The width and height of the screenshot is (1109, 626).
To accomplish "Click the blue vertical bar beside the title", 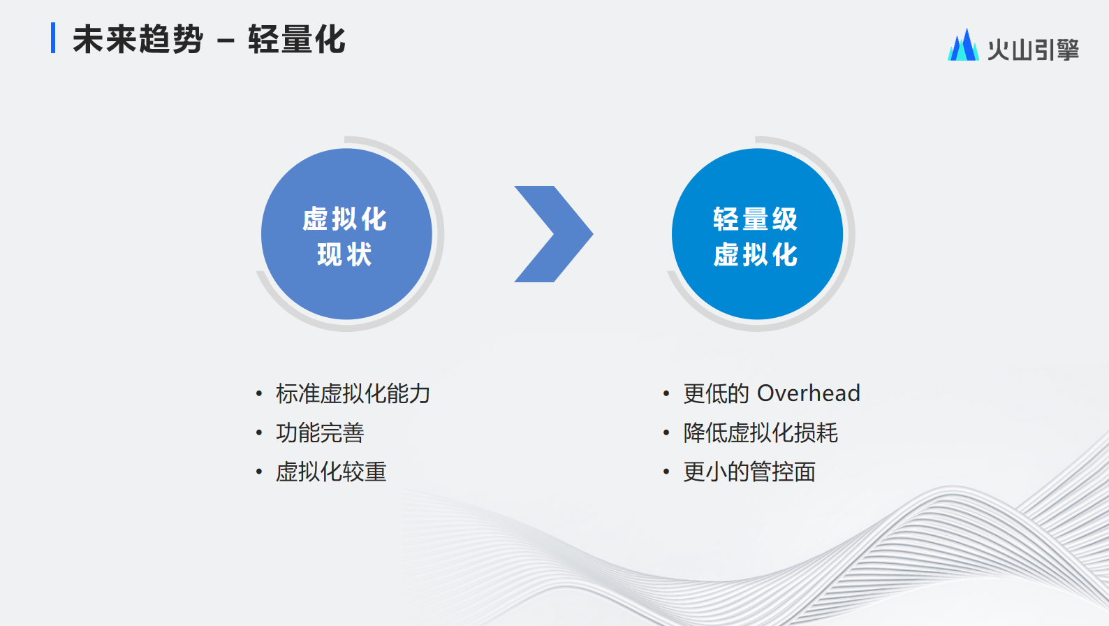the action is tap(53, 38).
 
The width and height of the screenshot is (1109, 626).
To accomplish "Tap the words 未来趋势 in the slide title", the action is tap(138, 39).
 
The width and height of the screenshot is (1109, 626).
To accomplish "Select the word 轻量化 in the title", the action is tap(297, 39).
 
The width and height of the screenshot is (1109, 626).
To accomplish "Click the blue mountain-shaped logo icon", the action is tap(963, 45).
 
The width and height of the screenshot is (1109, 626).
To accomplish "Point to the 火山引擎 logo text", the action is tap(1034, 50).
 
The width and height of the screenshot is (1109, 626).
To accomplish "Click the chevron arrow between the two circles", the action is tap(554, 234).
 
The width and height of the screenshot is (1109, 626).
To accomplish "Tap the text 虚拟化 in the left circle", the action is tap(344, 219).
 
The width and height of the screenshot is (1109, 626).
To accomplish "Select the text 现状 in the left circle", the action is tap(344, 254).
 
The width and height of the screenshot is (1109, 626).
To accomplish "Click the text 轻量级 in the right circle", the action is tap(756, 219).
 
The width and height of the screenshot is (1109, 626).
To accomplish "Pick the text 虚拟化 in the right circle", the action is tap(756, 254).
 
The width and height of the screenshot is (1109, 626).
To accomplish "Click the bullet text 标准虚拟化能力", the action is tap(353, 394).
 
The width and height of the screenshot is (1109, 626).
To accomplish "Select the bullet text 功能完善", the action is tap(320, 433).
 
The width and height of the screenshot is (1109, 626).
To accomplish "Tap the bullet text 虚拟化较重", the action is tap(331, 472).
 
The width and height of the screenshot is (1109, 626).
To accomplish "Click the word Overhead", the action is tap(809, 393).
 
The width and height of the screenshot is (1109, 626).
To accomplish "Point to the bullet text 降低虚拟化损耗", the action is tap(761, 433).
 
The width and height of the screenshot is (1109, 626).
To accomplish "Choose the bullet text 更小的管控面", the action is tap(749, 472).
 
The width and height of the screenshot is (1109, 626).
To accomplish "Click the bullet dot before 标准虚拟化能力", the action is tap(259, 394).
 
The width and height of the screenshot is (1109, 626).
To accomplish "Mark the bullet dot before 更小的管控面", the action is tap(666, 472).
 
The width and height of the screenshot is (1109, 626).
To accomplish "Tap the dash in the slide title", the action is tap(226, 41).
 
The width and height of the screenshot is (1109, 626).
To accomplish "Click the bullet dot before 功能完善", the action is tap(259, 433).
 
